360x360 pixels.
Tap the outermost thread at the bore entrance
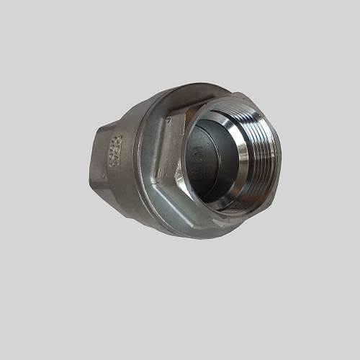click(268, 151)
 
